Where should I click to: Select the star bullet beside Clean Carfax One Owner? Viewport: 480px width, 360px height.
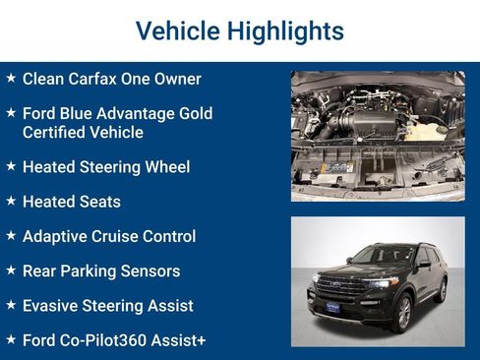11,78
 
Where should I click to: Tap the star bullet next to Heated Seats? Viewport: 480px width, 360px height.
11,201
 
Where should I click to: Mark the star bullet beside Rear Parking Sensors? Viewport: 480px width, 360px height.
11,270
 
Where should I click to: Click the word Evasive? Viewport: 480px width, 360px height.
51,306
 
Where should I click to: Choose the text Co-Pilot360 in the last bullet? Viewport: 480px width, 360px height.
107,340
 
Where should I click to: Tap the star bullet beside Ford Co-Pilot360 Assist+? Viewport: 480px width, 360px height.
11,339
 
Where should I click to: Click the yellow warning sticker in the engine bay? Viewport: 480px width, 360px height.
337,168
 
